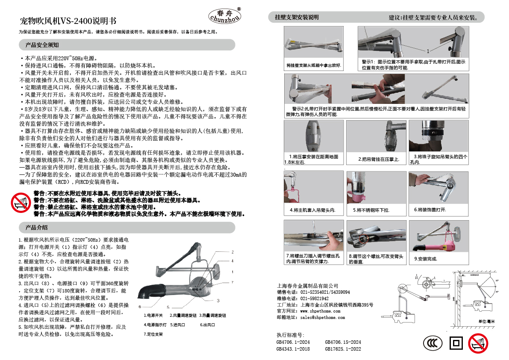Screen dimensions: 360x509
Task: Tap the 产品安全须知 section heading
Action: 42,45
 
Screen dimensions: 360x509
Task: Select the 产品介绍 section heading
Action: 36,227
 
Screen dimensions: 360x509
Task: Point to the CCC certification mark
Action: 433,343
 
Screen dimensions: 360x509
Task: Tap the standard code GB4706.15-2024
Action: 343,342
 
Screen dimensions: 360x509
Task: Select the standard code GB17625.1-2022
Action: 343,349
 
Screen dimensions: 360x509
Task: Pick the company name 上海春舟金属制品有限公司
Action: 308,286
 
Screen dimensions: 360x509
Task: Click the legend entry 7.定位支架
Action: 153,334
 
